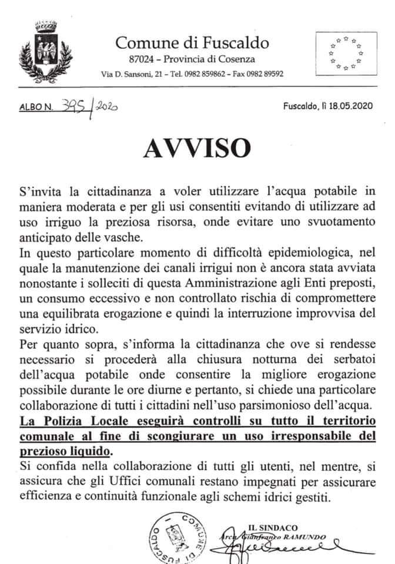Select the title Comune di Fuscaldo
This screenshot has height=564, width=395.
[192, 42]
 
